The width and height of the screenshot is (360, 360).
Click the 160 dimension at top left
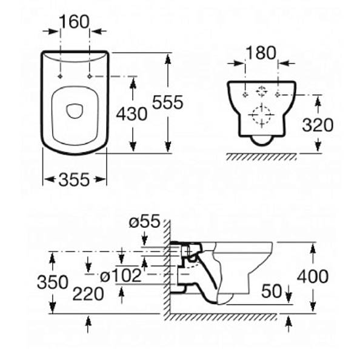(75, 22)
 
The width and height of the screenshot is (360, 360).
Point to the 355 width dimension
(74, 179)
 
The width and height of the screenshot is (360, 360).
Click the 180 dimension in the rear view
(262, 53)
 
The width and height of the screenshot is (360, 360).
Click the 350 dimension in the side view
(52, 282)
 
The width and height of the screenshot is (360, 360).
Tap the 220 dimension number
(88, 295)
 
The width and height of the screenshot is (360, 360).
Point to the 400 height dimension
(313, 276)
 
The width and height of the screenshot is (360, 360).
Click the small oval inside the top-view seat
(74, 111)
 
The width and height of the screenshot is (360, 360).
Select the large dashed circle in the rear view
(261, 115)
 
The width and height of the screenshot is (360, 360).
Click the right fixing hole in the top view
(89, 77)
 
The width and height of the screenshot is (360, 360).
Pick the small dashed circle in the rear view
(261, 93)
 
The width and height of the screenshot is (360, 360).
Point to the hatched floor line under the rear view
(262, 156)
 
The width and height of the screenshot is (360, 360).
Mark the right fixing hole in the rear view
(277, 95)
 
